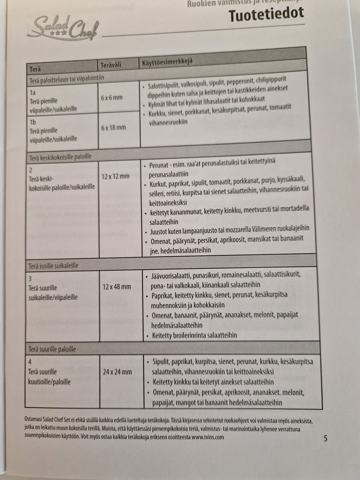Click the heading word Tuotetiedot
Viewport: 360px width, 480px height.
(266, 15)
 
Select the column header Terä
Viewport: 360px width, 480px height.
(35, 69)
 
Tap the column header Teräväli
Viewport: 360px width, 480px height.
(111, 66)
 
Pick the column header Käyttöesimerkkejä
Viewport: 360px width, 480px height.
(167, 61)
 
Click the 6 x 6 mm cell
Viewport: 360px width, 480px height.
(112, 98)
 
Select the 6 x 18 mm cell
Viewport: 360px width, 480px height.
(113, 127)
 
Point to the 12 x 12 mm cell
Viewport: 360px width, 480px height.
(115, 176)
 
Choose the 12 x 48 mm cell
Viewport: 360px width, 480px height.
(117, 286)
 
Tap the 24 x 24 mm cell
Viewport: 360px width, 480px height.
(117, 372)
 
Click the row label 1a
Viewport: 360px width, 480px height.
(33, 93)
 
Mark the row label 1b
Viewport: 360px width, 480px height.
(33, 122)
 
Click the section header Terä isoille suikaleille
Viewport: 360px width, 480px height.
(54, 265)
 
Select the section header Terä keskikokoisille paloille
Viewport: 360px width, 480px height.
(60, 157)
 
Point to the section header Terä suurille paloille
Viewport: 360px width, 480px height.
(52, 349)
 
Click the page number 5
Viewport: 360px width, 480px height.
(325, 438)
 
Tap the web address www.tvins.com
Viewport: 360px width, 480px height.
(207, 437)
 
